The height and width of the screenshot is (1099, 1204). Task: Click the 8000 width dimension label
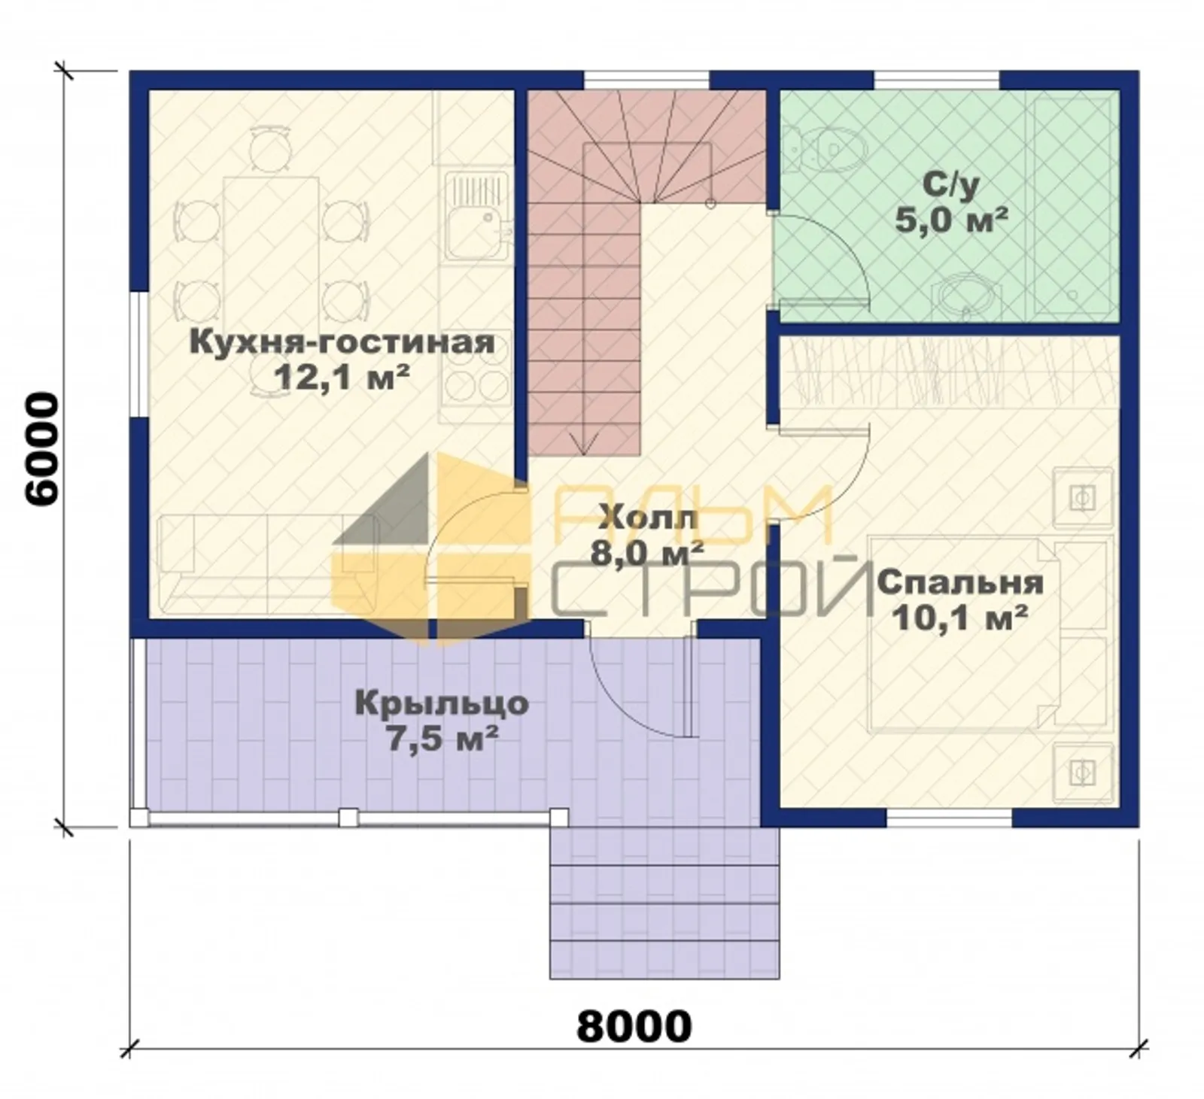coord(634,1025)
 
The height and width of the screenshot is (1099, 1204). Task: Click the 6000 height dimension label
coord(41,449)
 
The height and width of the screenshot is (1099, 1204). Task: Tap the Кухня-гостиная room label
coord(342,342)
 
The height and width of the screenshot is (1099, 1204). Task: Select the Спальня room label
coord(960,583)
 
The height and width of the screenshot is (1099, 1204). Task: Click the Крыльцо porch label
coord(442,705)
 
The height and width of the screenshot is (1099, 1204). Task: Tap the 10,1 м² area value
coord(960,618)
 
